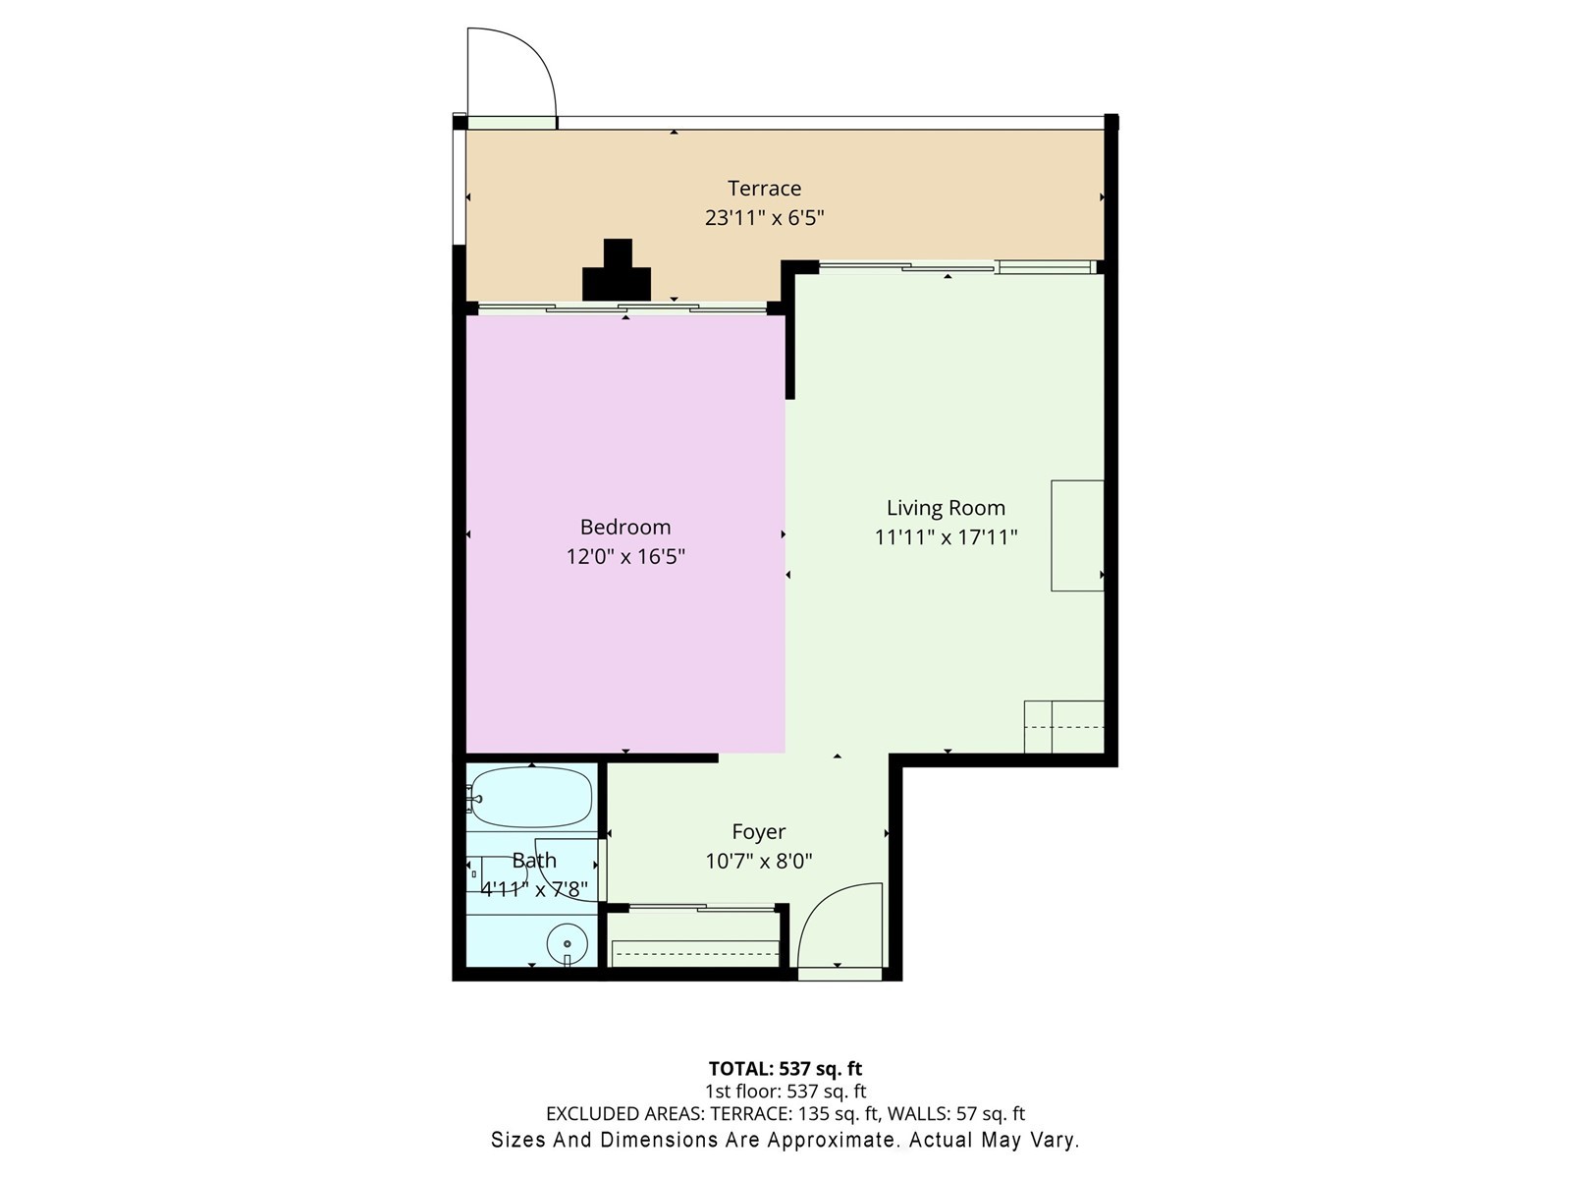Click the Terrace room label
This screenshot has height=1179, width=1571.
[764, 188]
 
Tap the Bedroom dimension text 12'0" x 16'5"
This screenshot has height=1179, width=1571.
[625, 556]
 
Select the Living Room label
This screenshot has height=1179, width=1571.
[946, 508]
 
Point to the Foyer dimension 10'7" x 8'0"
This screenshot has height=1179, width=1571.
[758, 862]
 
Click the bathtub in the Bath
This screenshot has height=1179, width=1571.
[531, 797]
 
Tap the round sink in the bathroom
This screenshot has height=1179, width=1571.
[567, 944]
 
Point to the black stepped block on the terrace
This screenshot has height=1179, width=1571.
[617, 274]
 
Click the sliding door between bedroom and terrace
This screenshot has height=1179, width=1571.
[623, 309]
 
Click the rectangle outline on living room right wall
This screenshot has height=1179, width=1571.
[1077, 535]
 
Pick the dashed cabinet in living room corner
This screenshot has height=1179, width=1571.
[1064, 727]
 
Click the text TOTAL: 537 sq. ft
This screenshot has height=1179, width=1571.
[785, 1068]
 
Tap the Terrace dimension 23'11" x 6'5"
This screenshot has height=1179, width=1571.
[764, 217]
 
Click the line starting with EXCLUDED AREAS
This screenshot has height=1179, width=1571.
[785, 1114]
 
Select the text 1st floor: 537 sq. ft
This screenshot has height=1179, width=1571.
[785, 1092]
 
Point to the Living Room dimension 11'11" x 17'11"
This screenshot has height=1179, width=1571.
[946, 537]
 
